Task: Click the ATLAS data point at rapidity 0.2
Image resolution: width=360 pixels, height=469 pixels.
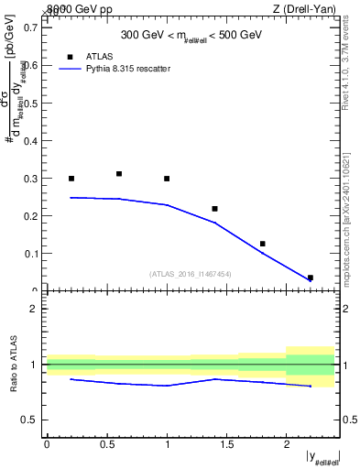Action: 71,179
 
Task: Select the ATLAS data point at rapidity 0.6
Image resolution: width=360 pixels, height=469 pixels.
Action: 119,174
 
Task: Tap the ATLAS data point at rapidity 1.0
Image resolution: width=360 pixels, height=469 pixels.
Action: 167,179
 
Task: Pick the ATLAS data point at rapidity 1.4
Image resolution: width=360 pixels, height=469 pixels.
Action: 214,209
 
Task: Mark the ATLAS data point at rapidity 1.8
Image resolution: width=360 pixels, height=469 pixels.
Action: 262,244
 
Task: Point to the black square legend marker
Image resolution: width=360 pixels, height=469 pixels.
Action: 69,56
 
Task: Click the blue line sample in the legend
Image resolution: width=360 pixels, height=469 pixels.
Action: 69,69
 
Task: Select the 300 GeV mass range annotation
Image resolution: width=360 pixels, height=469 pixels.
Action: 191,36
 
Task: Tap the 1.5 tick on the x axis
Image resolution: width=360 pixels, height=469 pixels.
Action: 226,443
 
